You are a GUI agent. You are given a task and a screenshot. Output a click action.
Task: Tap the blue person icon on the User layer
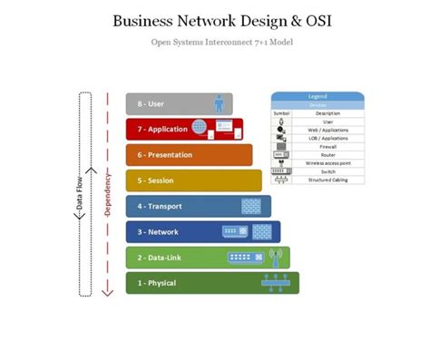pos(218,103)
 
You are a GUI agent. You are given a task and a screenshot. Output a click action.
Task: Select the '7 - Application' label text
pos(163,130)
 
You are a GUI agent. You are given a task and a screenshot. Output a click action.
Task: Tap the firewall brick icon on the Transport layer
pos(251,206)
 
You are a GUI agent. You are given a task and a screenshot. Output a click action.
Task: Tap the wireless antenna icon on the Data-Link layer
pos(276,257)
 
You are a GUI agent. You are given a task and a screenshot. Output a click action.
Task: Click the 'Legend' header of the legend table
pos(318,96)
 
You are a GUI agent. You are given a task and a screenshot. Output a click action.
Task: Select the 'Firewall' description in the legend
pos(327,145)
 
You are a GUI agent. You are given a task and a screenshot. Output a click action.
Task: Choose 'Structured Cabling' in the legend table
pos(327,180)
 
